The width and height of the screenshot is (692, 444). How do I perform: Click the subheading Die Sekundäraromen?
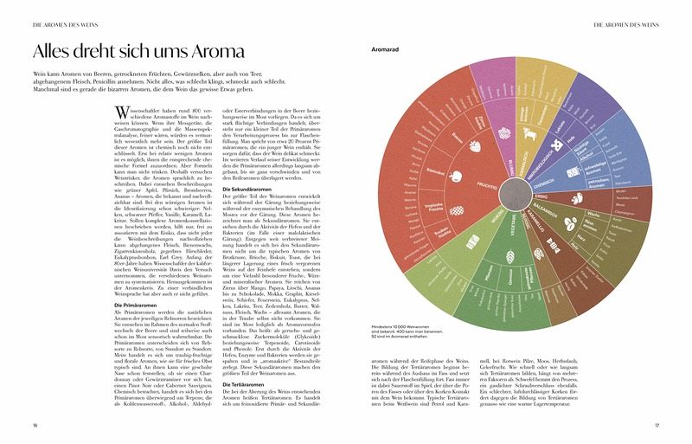click(252, 189)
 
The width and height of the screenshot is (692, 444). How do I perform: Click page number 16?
click(35, 425)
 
